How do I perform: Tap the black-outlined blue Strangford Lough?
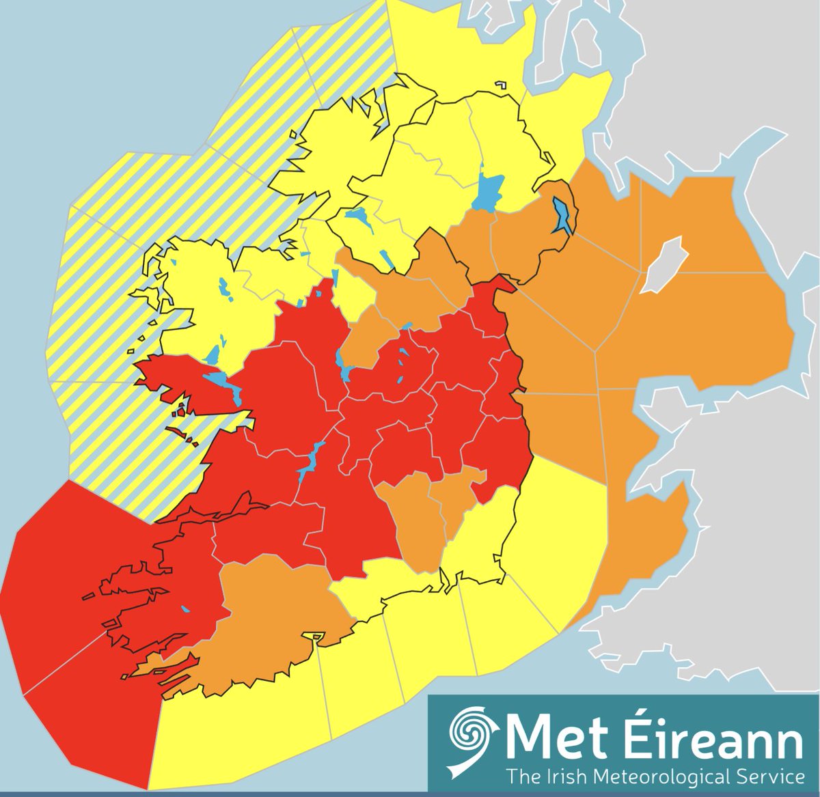click(x=563, y=215)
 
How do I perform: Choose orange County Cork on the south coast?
click(x=273, y=615)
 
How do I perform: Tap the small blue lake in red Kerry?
click(x=185, y=610)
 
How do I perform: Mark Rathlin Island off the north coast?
click(x=502, y=85)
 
